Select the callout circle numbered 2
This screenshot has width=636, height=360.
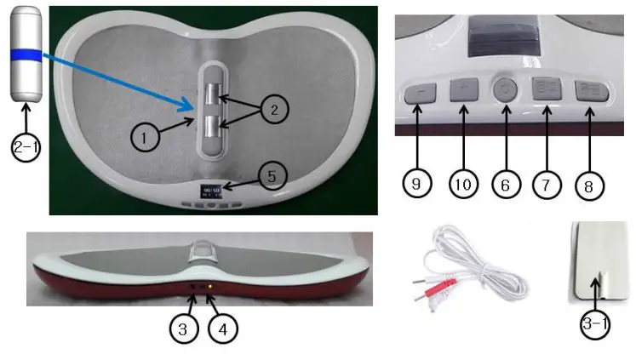[x=274, y=110]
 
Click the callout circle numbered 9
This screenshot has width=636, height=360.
[x=415, y=182]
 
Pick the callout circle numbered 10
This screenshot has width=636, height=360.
[x=463, y=182]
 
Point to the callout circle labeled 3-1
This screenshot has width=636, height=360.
[x=593, y=326]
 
